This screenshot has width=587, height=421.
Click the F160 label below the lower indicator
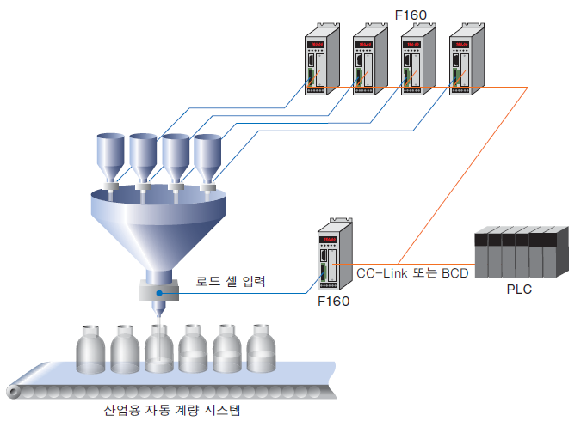333,302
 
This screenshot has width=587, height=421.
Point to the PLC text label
518,290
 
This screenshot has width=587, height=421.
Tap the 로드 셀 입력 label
232,280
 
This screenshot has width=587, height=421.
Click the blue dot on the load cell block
159,294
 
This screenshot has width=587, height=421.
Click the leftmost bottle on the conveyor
92,349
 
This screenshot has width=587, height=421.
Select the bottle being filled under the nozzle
160,351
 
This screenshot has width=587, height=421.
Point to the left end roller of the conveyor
14,393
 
